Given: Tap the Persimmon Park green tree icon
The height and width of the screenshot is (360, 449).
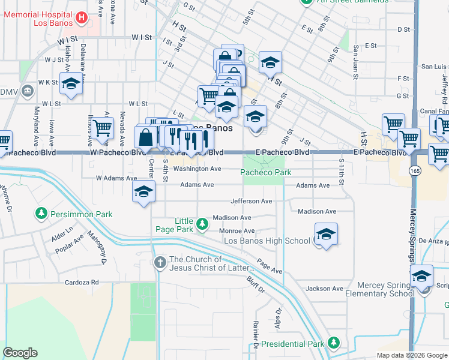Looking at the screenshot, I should (41, 214).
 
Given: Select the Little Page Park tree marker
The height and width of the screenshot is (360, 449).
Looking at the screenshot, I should (202, 224).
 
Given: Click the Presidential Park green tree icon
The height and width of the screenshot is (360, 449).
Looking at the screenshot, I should (334, 344).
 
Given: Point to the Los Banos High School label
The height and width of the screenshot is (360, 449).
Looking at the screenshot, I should (267, 241).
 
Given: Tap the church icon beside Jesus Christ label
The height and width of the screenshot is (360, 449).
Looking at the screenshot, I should (160, 262).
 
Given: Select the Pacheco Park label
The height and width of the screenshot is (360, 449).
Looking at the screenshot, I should (266, 172).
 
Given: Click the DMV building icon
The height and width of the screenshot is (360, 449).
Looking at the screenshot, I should (27, 91).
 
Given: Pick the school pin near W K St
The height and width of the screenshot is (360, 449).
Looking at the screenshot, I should (71, 84).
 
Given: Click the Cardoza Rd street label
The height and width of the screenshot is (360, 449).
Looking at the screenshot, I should (82, 282).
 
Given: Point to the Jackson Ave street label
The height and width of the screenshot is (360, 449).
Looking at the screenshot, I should (324, 289).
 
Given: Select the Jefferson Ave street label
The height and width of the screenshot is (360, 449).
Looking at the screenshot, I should (252, 201).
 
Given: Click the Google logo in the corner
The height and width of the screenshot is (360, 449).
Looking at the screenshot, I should (20, 353).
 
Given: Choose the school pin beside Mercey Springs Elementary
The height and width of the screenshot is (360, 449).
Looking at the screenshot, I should (422, 275).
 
